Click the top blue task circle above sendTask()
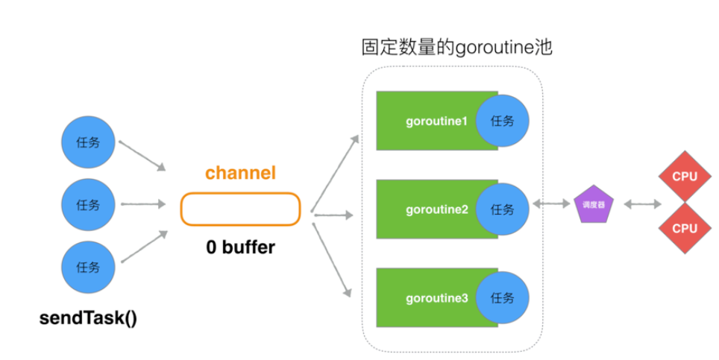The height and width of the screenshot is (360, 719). [x=87, y=143]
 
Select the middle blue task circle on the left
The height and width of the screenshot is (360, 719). [x=87, y=204]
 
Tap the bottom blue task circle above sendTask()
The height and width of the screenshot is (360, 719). [x=87, y=267]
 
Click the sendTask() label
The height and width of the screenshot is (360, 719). [x=88, y=318]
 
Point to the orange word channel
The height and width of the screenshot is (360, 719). [x=240, y=174]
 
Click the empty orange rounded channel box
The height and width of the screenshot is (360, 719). [x=240, y=209]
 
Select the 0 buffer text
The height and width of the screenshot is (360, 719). [x=240, y=247]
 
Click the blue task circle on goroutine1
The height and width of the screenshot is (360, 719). [x=502, y=121]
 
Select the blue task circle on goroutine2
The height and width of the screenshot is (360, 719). [x=502, y=209]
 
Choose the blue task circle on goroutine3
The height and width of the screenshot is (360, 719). [x=502, y=298]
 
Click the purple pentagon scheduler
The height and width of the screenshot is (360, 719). [x=593, y=204]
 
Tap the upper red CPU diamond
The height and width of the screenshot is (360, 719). [x=684, y=177]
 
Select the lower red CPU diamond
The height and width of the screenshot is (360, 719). [x=684, y=228]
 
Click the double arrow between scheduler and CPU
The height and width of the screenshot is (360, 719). [x=641, y=203]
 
